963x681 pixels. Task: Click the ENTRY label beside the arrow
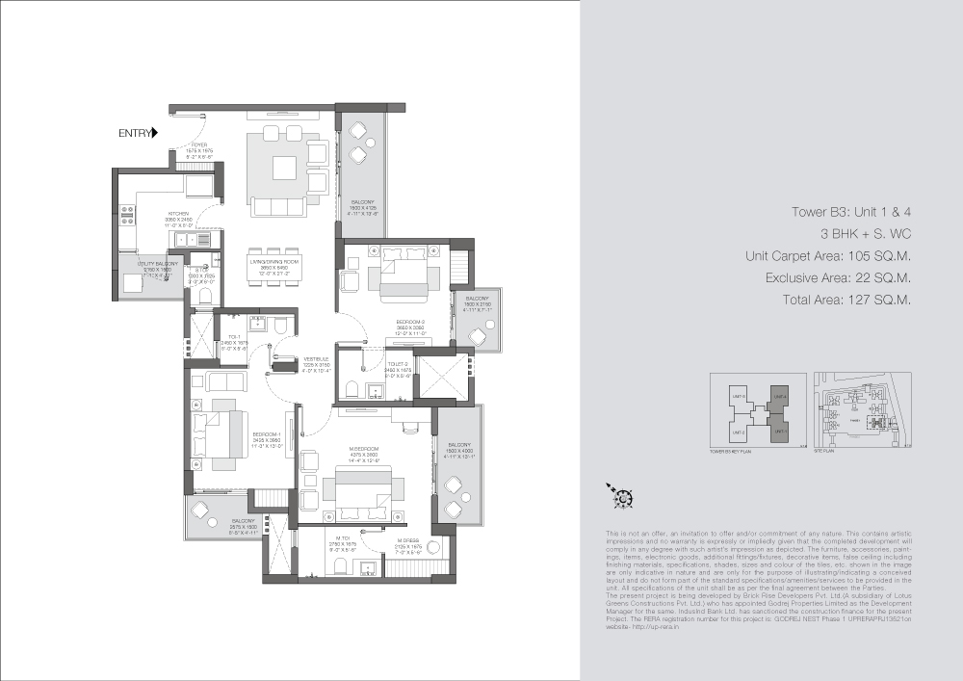134,134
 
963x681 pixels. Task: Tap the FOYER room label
199,145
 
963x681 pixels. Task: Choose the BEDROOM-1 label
267,434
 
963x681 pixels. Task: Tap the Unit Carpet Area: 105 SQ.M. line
827,256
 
